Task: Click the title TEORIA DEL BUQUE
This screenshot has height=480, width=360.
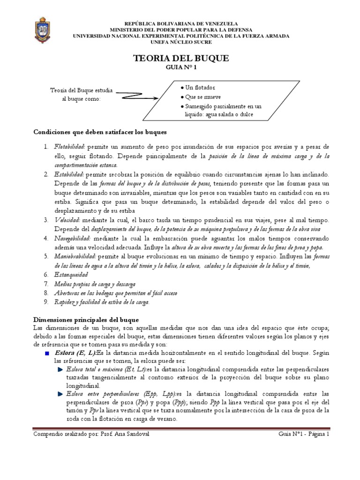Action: point(181,58)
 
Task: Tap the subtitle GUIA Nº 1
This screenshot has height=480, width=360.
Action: point(181,67)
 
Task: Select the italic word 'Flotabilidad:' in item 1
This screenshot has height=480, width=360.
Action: point(69,147)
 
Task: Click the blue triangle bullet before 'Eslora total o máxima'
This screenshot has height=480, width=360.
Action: point(60,370)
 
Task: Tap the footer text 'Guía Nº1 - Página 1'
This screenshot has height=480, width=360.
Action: point(304,435)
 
